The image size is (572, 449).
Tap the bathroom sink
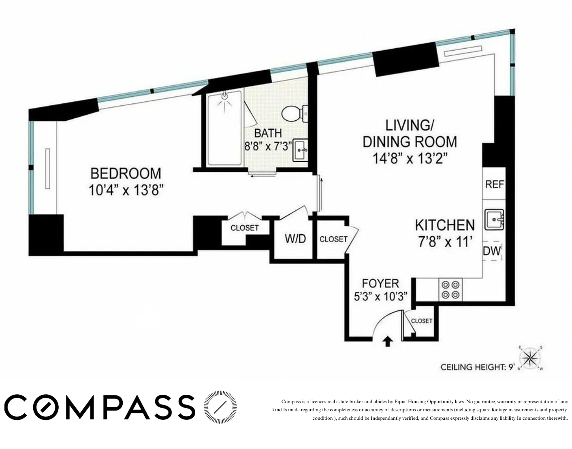[x=300, y=150]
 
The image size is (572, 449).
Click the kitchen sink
[x=494, y=219]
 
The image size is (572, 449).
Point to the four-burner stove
[x=451, y=290]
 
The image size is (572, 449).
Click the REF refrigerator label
[x=494, y=184]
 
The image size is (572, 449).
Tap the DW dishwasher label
[x=492, y=251]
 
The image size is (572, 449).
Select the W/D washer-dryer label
[x=295, y=239]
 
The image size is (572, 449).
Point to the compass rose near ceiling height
[x=530, y=358]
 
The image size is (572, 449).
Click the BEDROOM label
[x=126, y=173]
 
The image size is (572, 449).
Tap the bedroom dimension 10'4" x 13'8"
[x=126, y=190]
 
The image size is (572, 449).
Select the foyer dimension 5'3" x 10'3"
[x=380, y=297]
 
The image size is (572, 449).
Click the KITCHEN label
[x=444, y=225]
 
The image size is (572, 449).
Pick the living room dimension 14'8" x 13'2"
[x=410, y=158]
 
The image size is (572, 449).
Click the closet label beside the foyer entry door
[x=422, y=321]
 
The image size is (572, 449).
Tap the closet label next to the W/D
[x=333, y=239]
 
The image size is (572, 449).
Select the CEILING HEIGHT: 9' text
[x=477, y=367]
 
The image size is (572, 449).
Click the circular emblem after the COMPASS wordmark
[x=220, y=407]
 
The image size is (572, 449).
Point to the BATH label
[x=268, y=133]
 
